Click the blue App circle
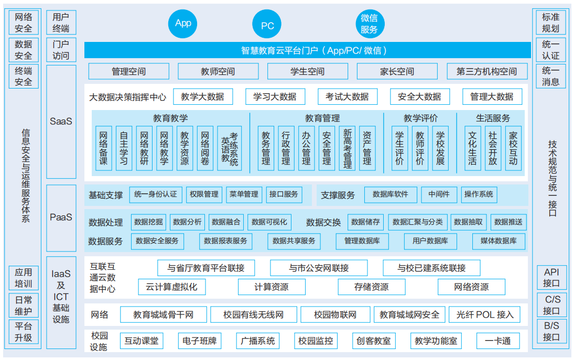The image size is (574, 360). pos(182,24)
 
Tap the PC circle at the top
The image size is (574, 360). pos(267,24)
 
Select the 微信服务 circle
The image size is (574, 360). pos(370,24)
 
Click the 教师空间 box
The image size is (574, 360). pos(218,71)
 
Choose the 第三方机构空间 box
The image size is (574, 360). pos(487,71)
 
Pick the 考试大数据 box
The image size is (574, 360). pos(348,96)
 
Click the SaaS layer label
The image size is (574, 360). pos(61,122)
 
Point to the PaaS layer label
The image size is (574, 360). pos(61,217)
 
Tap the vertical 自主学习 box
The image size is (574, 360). pos(124,148)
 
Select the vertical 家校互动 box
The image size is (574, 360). pos(513,148)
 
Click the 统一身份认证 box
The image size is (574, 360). pos(156,194)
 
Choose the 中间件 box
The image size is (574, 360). pos(439,194)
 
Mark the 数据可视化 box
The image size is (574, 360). pos(269,222)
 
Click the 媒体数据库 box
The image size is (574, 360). pos(499,241)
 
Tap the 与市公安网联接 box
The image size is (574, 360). pos(319,268)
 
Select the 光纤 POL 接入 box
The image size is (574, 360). pos(485,314)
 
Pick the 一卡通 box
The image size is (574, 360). pos(498,341)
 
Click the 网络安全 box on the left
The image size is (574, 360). pos(24,23)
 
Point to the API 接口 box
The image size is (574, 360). pos(551,278)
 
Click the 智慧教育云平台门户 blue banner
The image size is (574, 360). pos(308,50)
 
